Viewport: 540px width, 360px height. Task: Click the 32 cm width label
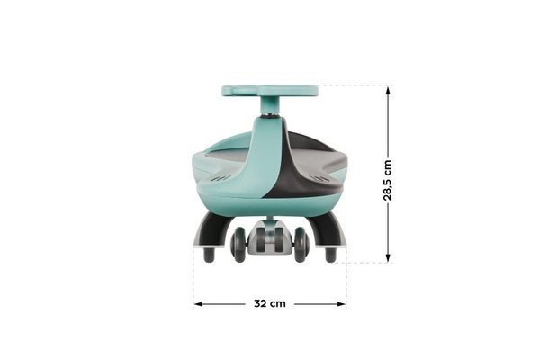coord(270,303)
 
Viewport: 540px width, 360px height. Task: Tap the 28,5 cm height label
coord(387,180)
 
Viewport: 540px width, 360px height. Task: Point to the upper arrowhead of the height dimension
coord(388,91)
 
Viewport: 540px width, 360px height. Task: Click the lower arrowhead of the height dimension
coord(388,257)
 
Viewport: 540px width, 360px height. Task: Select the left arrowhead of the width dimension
coord(198,304)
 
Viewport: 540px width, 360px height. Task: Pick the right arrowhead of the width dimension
coord(341,304)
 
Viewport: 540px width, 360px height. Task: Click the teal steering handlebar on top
coord(270,91)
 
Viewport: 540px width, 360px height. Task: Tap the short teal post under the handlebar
coord(270,104)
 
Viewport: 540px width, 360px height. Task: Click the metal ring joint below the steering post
coord(270,116)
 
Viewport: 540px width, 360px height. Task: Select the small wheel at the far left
coord(209,255)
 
